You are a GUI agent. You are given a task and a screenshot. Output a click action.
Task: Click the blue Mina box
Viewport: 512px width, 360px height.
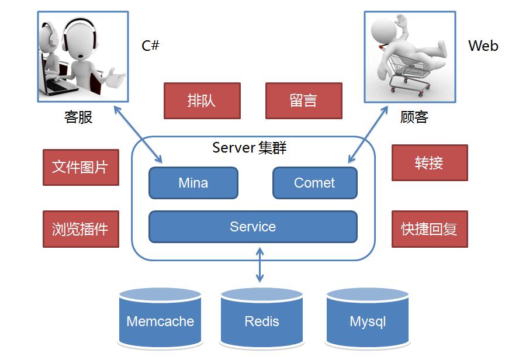click(193, 183)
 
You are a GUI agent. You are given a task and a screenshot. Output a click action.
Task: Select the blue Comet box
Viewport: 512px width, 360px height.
click(314, 183)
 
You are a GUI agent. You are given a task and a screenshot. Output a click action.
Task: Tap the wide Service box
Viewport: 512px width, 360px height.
click(252, 227)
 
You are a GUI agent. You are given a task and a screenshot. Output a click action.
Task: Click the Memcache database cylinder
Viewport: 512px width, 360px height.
click(160, 320)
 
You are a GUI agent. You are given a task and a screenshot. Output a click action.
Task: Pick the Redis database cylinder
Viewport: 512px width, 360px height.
click(261, 320)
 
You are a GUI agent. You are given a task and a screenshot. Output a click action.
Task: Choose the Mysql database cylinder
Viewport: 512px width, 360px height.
click(367, 320)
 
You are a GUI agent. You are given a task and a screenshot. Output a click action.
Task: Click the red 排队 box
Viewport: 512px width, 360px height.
click(202, 101)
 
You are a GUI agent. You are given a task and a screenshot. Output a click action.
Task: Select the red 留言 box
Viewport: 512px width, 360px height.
click(303, 101)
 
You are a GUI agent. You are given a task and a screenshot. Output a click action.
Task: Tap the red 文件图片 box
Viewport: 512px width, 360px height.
click(81, 167)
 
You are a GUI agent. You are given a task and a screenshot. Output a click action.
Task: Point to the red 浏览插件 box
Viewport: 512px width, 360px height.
click(81, 229)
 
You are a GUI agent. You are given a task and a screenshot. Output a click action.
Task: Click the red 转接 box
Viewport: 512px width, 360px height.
click(429, 163)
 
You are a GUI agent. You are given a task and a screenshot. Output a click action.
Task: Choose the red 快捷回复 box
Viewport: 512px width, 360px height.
click(429, 229)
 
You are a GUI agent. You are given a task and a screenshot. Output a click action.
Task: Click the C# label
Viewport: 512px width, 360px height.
click(150, 46)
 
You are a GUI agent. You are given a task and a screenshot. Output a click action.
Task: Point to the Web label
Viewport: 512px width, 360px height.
click(483, 46)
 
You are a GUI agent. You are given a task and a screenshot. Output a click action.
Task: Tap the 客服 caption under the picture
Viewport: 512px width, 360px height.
click(78, 117)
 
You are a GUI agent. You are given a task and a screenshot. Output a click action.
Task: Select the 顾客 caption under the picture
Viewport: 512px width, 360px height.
click(414, 117)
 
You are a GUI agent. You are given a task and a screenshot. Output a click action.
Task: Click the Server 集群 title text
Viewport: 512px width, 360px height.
click(250, 147)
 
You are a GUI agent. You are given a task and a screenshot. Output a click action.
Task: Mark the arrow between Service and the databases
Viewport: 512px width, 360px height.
click(260, 265)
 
